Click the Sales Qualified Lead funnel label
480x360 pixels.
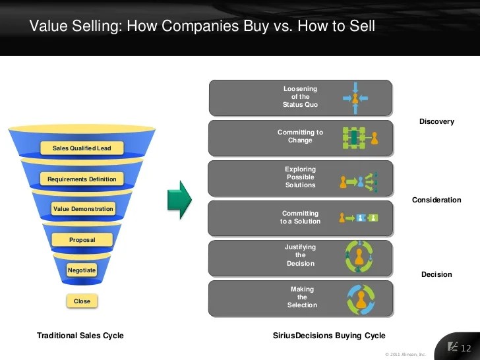[82, 148]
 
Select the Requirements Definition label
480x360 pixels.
[82, 179]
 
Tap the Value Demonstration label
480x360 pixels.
[83, 209]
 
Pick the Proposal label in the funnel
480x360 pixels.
[82, 239]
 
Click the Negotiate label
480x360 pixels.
[82, 270]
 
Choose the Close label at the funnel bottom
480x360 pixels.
[82, 301]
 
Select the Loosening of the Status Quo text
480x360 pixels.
[300, 97]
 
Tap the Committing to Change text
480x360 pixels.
[300, 136]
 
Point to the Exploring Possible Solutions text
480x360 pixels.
[300, 177]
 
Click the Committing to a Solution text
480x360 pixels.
[300, 218]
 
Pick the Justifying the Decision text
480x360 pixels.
[300, 255]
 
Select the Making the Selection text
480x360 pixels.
[302, 297]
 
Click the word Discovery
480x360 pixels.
[436, 122]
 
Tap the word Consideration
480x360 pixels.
[436, 200]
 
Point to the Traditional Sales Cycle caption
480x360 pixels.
[80, 336]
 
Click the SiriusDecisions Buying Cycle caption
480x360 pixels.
[329, 336]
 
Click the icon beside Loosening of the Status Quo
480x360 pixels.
[355, 98]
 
